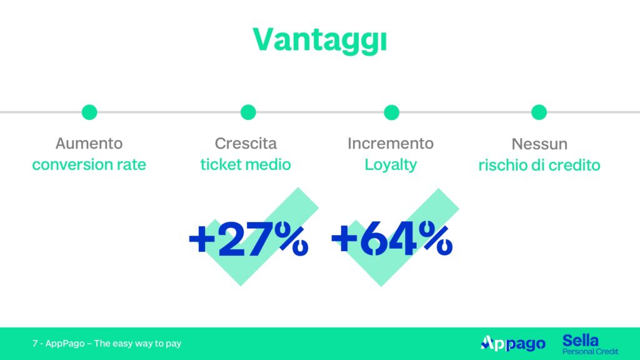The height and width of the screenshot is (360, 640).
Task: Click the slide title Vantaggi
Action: [x=319, y=41]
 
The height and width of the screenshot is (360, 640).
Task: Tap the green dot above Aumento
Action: [x=89, y=112]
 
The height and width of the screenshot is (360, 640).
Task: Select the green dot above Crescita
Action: [x=248, y=112]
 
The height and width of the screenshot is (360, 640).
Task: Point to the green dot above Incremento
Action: [x=391, y=112]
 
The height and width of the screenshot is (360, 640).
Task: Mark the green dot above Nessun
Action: [x=539, y=112]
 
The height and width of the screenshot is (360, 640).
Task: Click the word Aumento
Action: [x=89, y=143]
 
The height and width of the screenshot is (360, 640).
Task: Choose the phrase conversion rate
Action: [x=89, y=164]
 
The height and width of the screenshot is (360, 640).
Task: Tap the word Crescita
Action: [x=246, y=143]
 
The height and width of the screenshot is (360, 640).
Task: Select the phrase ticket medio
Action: [x=246, y=164]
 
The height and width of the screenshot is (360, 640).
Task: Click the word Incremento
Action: [x=391, y=143]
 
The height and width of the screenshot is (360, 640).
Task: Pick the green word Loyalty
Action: [x=391, y=165]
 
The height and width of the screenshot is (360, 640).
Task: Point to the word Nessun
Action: [x=539, y=144]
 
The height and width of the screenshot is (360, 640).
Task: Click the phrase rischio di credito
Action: [x=539, y=165]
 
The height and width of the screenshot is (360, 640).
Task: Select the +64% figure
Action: [x=392, y=239]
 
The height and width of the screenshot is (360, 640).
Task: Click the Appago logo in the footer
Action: [x=513, y=344]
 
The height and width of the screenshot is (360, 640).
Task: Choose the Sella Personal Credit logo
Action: [x=590, y=344]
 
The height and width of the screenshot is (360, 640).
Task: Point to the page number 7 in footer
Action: [x=35, y=344]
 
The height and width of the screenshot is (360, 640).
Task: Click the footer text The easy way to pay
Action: [x=137, y=344]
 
